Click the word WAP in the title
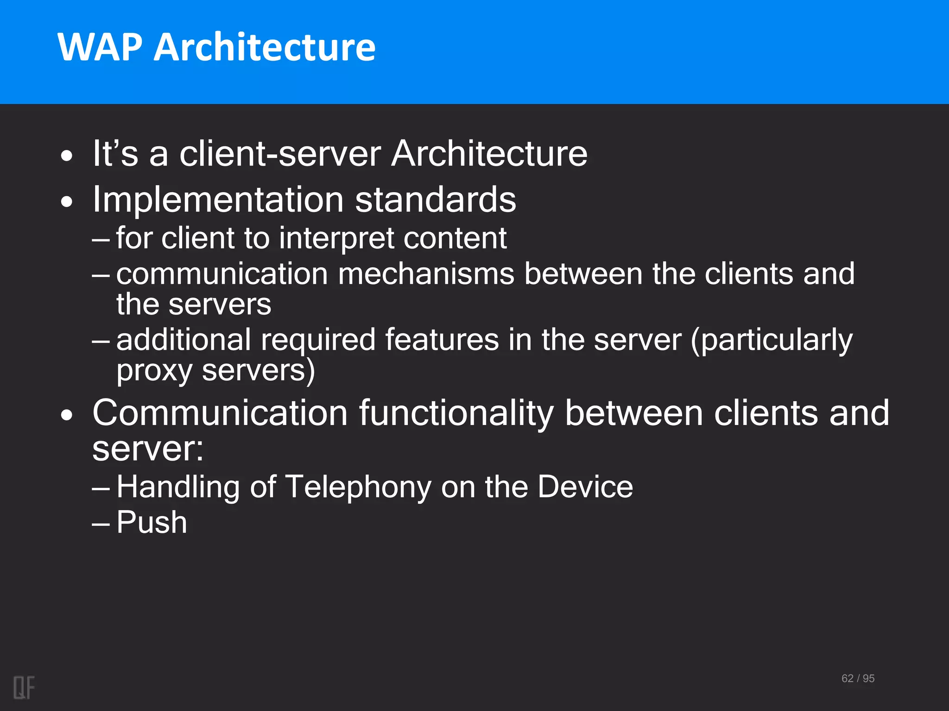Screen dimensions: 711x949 tap(100, 47)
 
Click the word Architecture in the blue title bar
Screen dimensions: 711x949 tap(265, 47)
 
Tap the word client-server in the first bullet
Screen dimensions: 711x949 tap(280, 154)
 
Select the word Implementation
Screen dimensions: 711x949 tap(218, 200)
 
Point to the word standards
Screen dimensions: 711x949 tap(436, 200)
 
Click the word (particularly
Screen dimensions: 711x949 tap(771, 340)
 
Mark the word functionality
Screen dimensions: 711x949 tap(456, 413)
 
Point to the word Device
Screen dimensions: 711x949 tap(585, 487)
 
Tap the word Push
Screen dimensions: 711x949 tap(152, 523)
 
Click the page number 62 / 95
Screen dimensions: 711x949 tap(858, 679)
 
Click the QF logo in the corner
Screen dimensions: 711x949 tap(24, 687)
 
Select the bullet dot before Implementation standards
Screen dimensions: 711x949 tap(67, 202)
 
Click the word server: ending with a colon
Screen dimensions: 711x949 tap(148, 449)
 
